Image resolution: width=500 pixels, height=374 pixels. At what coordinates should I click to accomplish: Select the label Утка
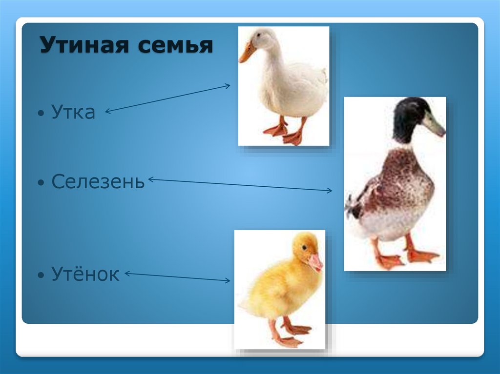point(73,113)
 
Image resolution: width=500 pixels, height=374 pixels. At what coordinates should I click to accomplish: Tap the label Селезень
point(98,182)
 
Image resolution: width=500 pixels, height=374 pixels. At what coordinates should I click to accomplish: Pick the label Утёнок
point(85,275)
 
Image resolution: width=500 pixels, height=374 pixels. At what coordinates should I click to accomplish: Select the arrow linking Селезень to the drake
point(239,185)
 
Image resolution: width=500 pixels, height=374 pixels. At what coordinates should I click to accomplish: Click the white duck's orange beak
point(247,53)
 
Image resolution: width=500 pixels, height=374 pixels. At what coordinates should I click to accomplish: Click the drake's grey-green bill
point(433,124)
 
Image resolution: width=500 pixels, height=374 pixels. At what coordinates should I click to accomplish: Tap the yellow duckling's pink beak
point(315,262)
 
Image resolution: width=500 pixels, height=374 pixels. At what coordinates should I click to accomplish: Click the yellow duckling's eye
point(304,248)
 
